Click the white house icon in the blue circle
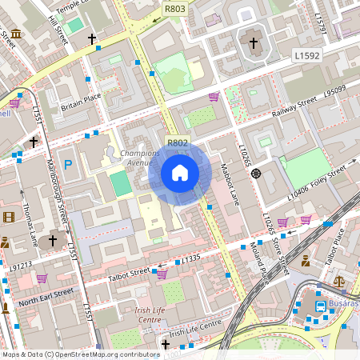coord(180,173)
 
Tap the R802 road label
coord(177,142)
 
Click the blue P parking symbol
coord(68,165)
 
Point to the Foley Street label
coord(334,173)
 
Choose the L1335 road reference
coord(190,258)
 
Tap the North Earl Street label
coord(46,297)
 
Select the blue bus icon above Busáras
coord(321,306)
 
